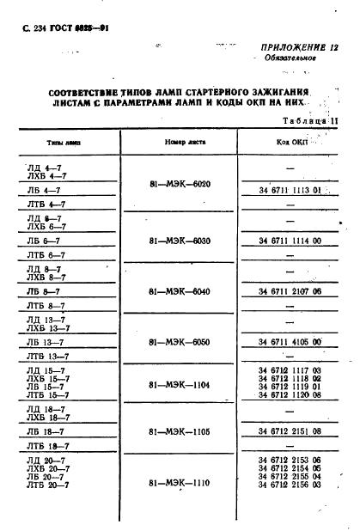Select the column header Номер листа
[180, 142]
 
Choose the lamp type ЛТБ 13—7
[47, 356]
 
